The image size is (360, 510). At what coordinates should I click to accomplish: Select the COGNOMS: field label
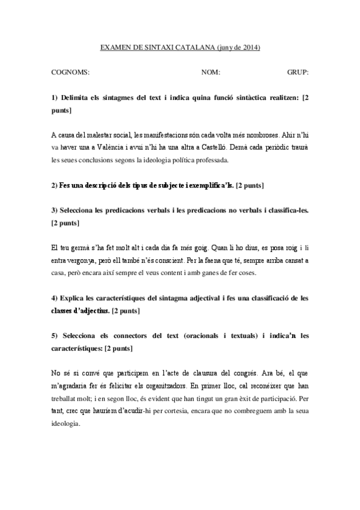[x=71, y=72]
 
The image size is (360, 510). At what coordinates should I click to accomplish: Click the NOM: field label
[x=211, y=72]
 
